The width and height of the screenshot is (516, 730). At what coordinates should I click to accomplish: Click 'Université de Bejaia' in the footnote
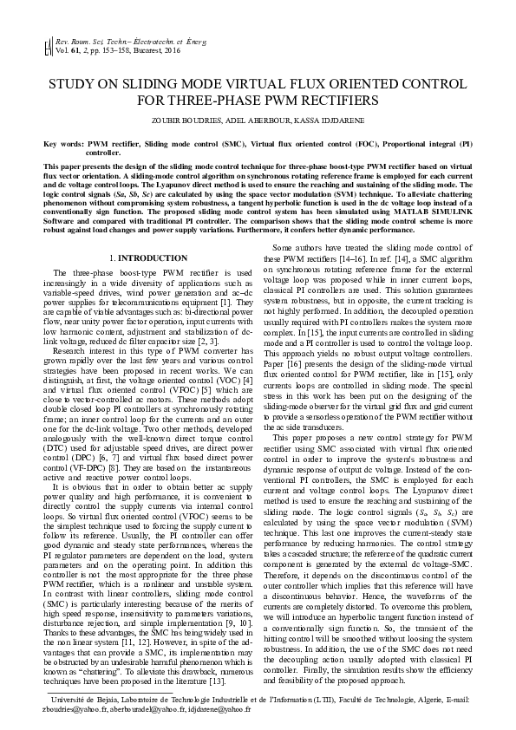[88, 698]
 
